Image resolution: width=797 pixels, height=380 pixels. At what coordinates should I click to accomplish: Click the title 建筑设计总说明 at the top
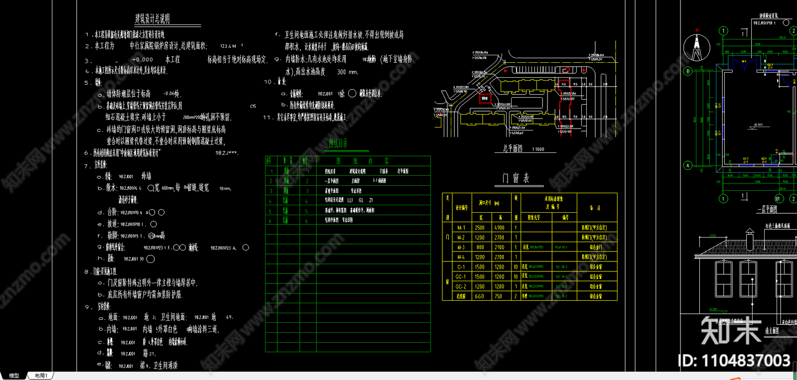point(152,19)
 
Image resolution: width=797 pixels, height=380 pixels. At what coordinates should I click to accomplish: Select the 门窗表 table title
point(516,178)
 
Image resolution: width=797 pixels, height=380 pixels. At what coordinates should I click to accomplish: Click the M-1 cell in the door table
point(461,228)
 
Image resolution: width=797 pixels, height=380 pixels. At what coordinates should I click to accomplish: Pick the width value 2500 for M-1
point(480,228)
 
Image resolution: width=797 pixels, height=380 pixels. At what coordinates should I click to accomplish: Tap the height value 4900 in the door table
point(499,228)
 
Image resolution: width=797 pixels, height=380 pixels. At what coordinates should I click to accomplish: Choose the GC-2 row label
point(461,286)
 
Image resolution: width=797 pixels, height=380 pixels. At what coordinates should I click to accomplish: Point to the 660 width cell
point(480,296)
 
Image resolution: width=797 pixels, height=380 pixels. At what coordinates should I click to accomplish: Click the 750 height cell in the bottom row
point(499,296)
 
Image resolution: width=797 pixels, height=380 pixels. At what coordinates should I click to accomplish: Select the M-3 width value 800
point(480,247)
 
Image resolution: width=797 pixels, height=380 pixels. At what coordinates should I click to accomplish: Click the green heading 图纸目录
point(338,144)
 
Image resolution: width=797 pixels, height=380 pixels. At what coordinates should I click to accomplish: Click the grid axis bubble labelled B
point(688,71)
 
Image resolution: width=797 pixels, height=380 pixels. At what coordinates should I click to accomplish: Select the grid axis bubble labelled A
point(688,165)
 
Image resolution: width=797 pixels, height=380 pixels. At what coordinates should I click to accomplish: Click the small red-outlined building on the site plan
point(485,99)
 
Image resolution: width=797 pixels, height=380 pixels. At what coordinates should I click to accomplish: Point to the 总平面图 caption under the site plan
point(513,148)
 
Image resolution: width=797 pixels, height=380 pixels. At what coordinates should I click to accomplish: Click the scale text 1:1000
point(538,149)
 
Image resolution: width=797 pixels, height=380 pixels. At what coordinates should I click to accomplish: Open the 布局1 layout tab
point(41,376)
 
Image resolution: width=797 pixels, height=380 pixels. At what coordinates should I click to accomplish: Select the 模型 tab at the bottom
point(14,376)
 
